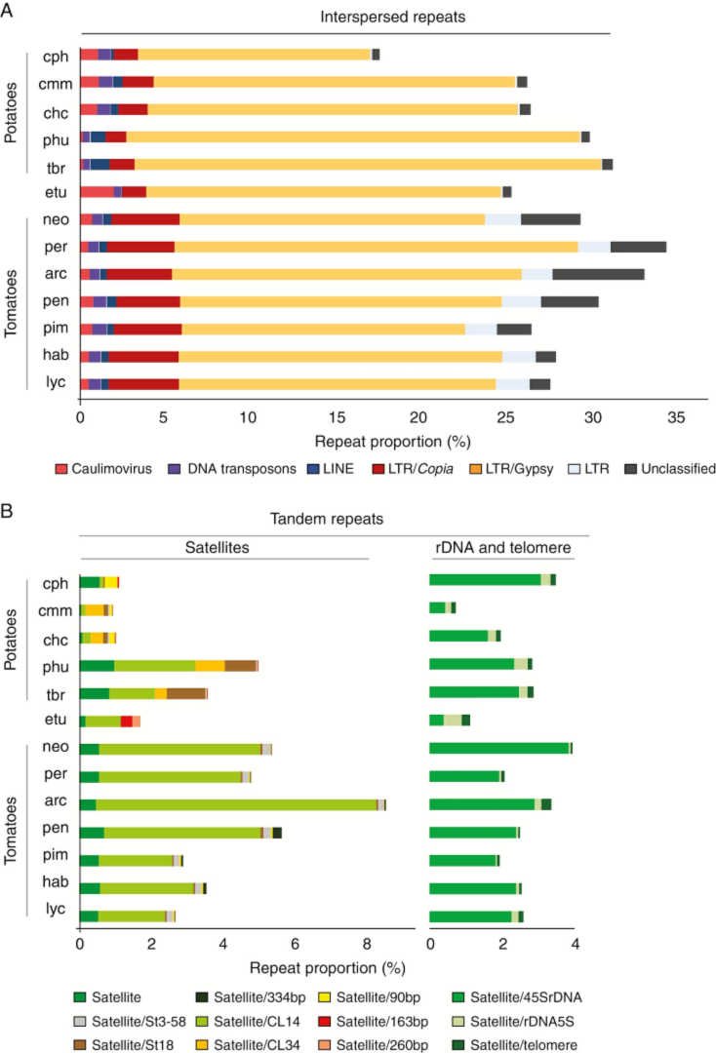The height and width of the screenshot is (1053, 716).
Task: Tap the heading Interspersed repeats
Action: click(x=344, y=17)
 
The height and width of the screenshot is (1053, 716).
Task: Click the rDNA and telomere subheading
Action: click(x=501, y=549)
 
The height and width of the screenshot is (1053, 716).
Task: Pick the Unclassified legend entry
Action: click(x=669, y=468)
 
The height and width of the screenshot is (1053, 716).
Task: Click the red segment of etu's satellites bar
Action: click(x=126, y=720)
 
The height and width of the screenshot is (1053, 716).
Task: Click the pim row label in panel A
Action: click(x=54, y=329)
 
